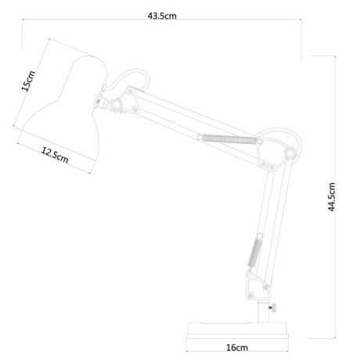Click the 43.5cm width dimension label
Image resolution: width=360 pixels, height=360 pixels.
[162, 16]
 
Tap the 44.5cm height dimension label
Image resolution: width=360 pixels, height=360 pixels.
[331, 197]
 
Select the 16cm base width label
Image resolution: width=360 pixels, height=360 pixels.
[237, 347]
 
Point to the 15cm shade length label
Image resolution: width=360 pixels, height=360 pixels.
[28, 81]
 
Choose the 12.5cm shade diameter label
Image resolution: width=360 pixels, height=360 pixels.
[55, 155]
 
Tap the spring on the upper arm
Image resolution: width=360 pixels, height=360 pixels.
[229, 139]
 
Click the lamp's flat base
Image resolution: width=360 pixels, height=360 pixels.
[237, 331]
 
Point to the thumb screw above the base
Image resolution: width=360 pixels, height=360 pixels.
[272, 308]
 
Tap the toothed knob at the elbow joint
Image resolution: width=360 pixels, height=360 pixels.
[290, 153]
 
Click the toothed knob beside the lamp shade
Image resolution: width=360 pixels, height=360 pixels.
[117, 106]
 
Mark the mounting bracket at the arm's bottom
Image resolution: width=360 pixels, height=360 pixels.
[256, 287]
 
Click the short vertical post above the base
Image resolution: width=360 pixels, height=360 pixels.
[263, 312]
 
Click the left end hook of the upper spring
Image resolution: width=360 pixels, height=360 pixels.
[200, 137]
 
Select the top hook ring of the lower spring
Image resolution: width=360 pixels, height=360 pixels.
[259, 236]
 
